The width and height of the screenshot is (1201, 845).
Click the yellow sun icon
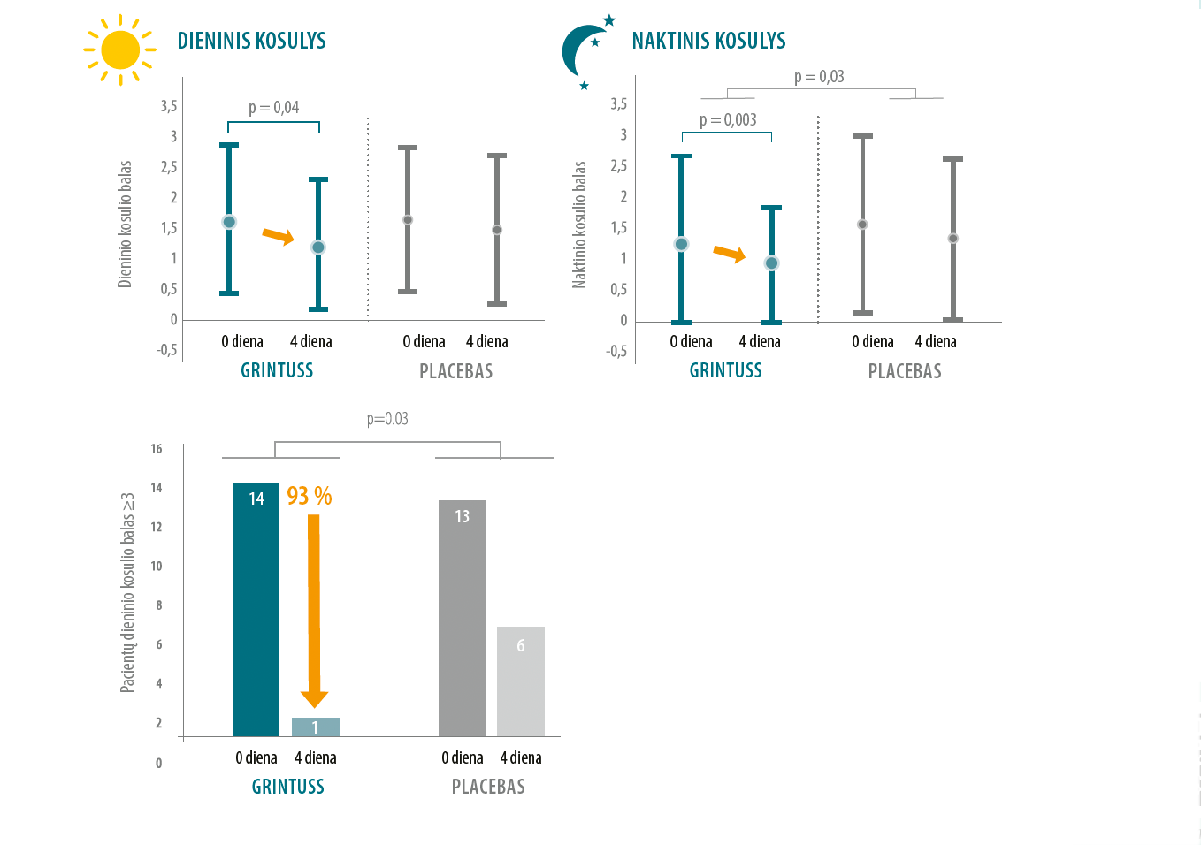point(120,49)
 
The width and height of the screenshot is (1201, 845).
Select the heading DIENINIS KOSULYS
point(251,41)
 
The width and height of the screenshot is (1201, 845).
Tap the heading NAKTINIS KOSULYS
point(708,41)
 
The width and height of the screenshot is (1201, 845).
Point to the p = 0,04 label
point(274,108)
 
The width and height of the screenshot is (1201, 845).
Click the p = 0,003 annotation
point(728,119)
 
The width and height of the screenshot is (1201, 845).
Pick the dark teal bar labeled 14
point(256,610)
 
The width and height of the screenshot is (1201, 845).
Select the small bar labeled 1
point(315,727)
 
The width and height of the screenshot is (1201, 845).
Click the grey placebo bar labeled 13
point(463,619)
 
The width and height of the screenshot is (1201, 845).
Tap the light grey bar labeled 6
point(521,681)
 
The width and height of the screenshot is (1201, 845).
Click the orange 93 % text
point(310,496)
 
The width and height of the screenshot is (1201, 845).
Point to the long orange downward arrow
point(314,611)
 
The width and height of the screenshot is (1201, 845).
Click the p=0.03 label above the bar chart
point(387,418)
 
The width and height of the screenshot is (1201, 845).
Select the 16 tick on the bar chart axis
point(156,448)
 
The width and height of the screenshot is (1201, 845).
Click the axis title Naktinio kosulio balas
point(579,225)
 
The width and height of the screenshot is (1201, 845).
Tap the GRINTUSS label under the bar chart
point(288,787)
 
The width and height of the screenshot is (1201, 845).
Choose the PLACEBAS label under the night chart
point(905,371)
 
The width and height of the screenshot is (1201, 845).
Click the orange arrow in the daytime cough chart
point(279,236)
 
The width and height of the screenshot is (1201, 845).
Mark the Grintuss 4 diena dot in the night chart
point(771,263)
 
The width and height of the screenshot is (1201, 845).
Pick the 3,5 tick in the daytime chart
point(169,106)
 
